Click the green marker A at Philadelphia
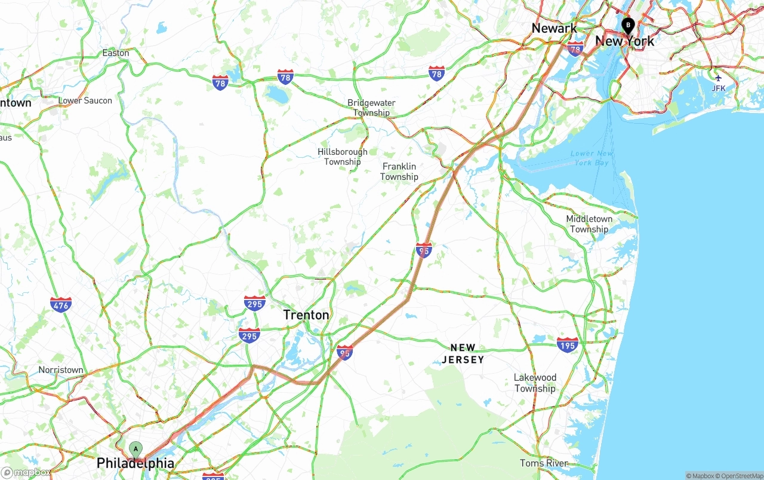(136, 449)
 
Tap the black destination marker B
(628, 25)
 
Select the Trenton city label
(306, 315)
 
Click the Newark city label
(554, 28)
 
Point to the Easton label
(116, 53)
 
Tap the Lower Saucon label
(85, 100)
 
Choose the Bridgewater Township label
(371, 108)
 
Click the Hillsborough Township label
(343, 157)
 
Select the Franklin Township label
(399, 172)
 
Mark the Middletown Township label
(589, 224)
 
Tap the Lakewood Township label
(535, 383)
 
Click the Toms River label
(544, 463)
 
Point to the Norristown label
(61, 370)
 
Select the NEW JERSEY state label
(463, 353)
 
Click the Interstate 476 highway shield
(61, 304)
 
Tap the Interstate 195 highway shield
(567, 344)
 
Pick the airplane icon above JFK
(718, 78)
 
